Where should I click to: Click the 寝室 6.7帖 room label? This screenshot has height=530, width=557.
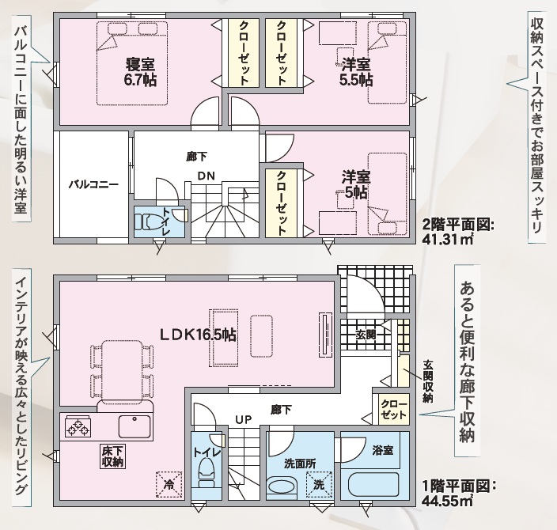[x=140, y=72]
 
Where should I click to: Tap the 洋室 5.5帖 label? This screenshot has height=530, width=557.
[x=356, y=72]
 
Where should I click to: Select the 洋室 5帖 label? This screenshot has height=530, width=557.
[x=356, y=185]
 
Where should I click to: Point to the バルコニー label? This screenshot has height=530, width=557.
[x=93, y=185]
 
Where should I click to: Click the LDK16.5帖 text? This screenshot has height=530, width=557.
[x=198, y=335]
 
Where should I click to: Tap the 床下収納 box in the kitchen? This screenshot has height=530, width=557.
[x=112, y=456]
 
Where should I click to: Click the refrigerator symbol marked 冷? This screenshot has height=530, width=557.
[x=169, y=485]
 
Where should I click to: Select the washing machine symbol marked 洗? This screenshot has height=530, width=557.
[x=319, y=485]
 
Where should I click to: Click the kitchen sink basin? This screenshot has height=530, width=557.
[x=135, y=426]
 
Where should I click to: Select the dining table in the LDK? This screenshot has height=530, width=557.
[x=122, y=370]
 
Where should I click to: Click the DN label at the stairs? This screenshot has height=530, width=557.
[x=206, y=176]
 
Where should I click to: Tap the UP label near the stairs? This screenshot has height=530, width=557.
[x=244, y=420]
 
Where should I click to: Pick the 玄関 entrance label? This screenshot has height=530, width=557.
[x=366, y=335]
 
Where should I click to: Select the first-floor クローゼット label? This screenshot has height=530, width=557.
[x=393, y=410]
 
